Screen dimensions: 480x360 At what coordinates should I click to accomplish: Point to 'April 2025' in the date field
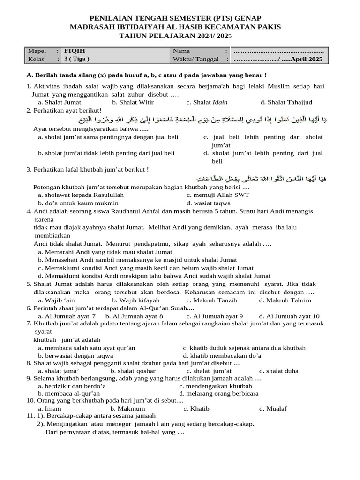(x=307, y=60)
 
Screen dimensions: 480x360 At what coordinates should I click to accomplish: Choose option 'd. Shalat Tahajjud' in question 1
(x=286, y=102)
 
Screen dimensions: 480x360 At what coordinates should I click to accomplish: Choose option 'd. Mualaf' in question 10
(x=273, y=409)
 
